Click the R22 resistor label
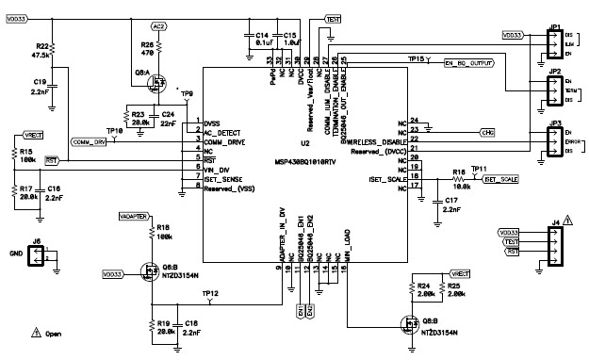pyautogui.click(x=41, y=46)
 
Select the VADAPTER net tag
pyautogui.click(x=132, y=216)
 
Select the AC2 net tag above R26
pyautogui.click(x=158, y=26)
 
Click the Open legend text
pyautogui.click(x=54, y=333)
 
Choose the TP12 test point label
pyautogui.click(x=210, y=293)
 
